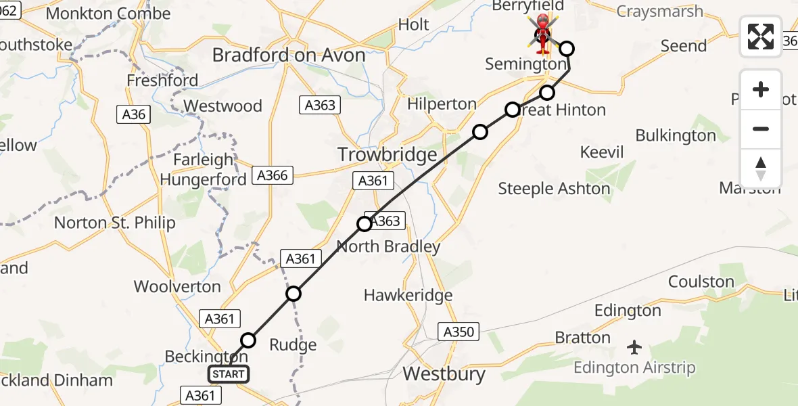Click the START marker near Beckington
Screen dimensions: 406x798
pyautogui.click(x=229, y=374)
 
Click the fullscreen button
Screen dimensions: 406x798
pyautogui.click(x=761, y=37)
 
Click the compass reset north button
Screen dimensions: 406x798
pyautogui.click(x=761, y=168)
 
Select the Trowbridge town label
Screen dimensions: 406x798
pyautogui.click(x=388, y=155)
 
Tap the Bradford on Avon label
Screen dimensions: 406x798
pyautogui.click(x=289, y=55)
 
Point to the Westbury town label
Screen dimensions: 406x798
pyautogui.click(x=444, y=374)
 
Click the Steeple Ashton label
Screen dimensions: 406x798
pyautogui.click(x=554, y=189)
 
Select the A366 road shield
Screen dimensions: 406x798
pyautogui.click(x=273, y=175)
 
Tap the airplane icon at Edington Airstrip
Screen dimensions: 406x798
pyautogui.click(x=634, y=347)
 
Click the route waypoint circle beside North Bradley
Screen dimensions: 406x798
pyautogui.click(x=365, y=223)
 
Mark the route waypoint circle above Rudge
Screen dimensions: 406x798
pyautogui.click(x=293, y=294)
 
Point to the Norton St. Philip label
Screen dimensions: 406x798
pyautogui.click(x=114, y=223)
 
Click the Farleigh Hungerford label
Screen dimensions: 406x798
pyautogui.click(x=203, y=170)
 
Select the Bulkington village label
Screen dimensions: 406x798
pyautogui.click(x=675, y=135)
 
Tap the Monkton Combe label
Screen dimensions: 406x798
pyautogui.click(x=108, y=14)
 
